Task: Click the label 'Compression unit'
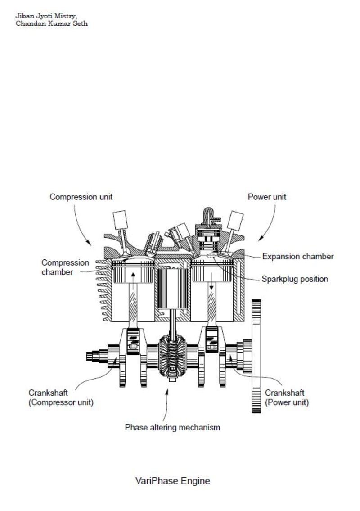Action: (81, 197)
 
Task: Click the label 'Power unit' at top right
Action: (267, 197)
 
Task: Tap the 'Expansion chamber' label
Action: (298, 256)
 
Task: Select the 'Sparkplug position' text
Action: (295, 279)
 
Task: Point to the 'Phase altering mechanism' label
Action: (172, 427)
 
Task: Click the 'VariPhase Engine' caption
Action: (172, 480)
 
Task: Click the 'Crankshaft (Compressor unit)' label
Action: (61, 398)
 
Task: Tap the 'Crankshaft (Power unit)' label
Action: (287, 398)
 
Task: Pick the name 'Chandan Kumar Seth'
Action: (52, 23)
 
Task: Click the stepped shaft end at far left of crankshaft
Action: (96, 356)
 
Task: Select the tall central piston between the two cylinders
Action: (172, 288)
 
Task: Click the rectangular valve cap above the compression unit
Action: (121, 220)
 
